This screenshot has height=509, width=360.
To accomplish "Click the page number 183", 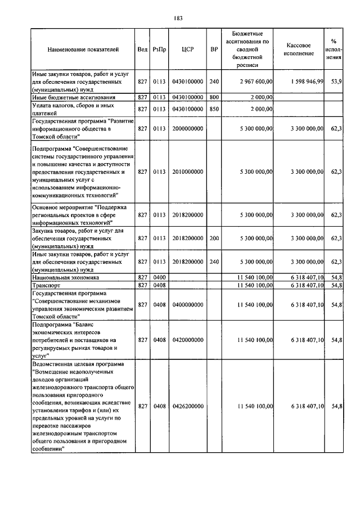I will pos(179,18).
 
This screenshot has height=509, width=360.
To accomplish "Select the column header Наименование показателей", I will pos(83,49).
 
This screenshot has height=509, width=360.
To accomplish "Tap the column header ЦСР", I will pos(188,49).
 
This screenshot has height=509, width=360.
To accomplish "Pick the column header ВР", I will pos(214,49).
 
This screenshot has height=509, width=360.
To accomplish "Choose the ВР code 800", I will pos(214,97).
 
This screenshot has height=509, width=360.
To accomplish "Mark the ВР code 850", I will pos(214,109).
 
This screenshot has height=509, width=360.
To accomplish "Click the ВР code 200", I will pos(214,238).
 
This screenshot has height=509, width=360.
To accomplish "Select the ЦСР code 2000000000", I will pos(188,128).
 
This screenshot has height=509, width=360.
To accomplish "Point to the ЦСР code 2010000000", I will pos(188,171).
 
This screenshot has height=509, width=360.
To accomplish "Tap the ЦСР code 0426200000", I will pos(188,406).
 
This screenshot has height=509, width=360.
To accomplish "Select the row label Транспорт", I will pos(48,286).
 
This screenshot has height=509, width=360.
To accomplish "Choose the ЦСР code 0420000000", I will pos(188,340).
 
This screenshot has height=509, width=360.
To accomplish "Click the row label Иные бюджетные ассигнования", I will pos(70,97).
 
